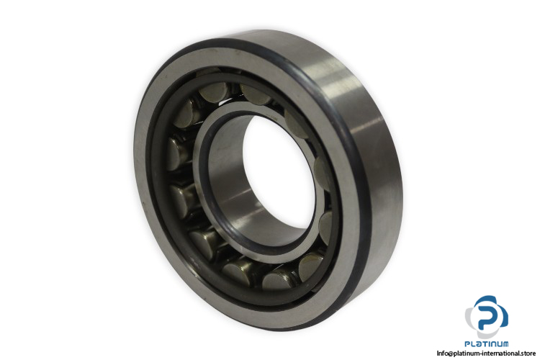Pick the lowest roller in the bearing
(x=278, y=279)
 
